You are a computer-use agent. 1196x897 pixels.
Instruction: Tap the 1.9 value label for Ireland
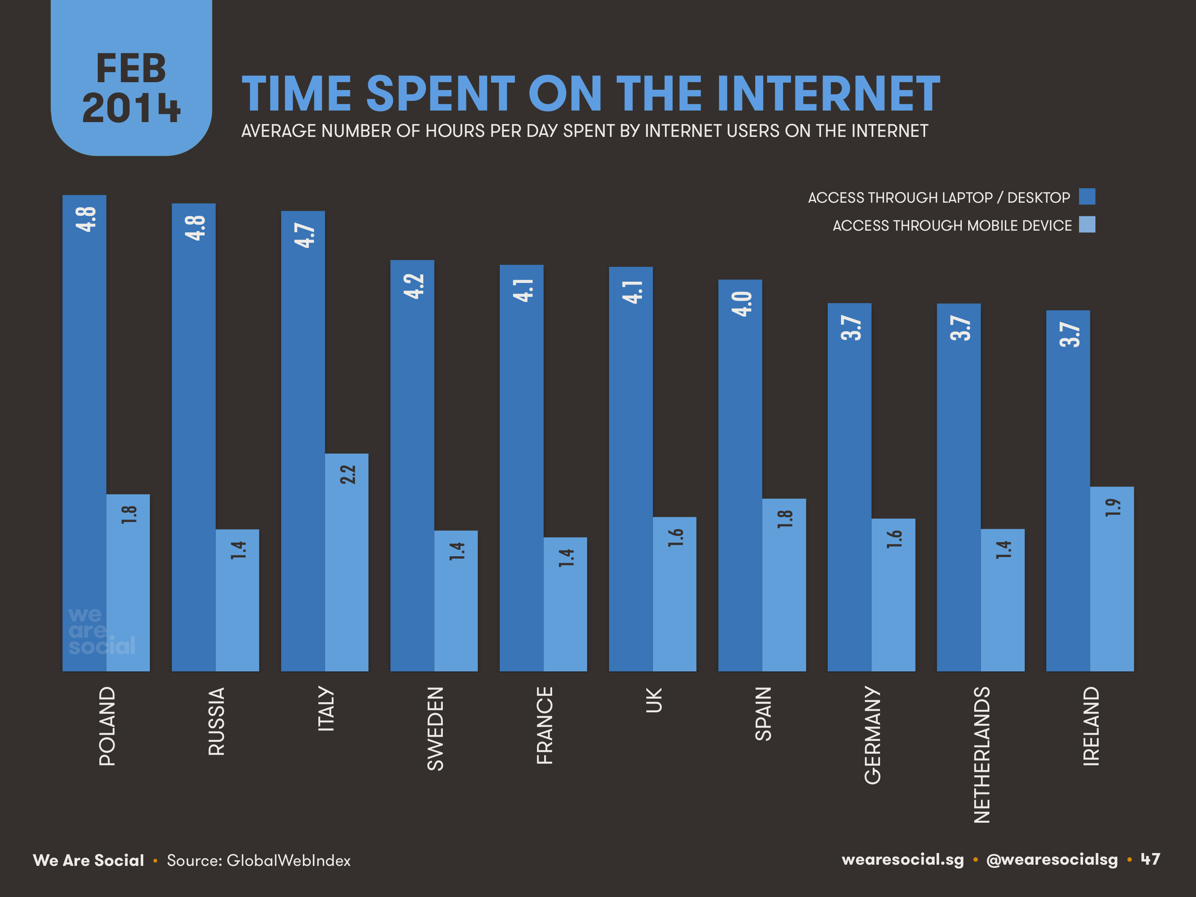click(x=1112, y=507)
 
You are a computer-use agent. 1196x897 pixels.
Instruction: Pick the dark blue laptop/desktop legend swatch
click(x=1087, y=196)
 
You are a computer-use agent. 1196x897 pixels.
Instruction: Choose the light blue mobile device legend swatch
click(x=1087, y=224)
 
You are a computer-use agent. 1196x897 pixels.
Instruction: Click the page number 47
click(x=1150, y=859)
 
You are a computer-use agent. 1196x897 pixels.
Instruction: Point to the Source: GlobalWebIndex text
click(x=259, y=860)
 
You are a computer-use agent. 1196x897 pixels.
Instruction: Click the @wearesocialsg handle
click(x=1052, y=860)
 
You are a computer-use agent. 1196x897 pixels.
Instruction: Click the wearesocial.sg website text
click(x=902, y=860)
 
